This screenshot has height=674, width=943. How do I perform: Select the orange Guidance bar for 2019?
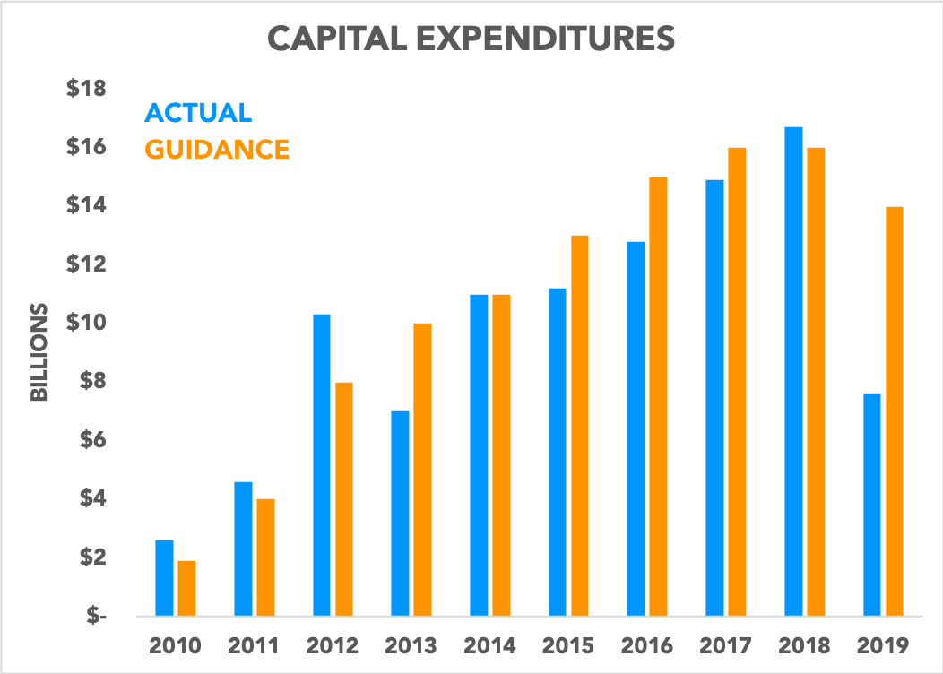[x=894, y=411]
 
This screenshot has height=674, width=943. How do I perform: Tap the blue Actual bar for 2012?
[x=322, y=465]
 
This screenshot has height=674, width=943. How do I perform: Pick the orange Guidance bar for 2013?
[x=422, y=470]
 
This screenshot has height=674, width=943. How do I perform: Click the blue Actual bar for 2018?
[x=793, y=372]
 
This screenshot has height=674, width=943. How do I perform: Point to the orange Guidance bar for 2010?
[x=186, y=589]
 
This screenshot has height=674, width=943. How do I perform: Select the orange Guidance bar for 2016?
[x=658, y=397]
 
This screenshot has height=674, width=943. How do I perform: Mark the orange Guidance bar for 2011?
[x=265, y=557]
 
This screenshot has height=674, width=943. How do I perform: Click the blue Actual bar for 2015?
[x=558, y=453]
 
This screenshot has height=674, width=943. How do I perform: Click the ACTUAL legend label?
[x=198, y=113]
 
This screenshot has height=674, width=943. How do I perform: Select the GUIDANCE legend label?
[x=217, y=149]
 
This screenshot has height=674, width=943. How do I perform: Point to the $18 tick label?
[x=86, y=89]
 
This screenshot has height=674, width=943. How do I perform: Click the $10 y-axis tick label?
[x=86, y=323]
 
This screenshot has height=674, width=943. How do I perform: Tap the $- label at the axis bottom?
[x=93, y=617]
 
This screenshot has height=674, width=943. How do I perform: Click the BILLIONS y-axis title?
[x=39, y=351]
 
